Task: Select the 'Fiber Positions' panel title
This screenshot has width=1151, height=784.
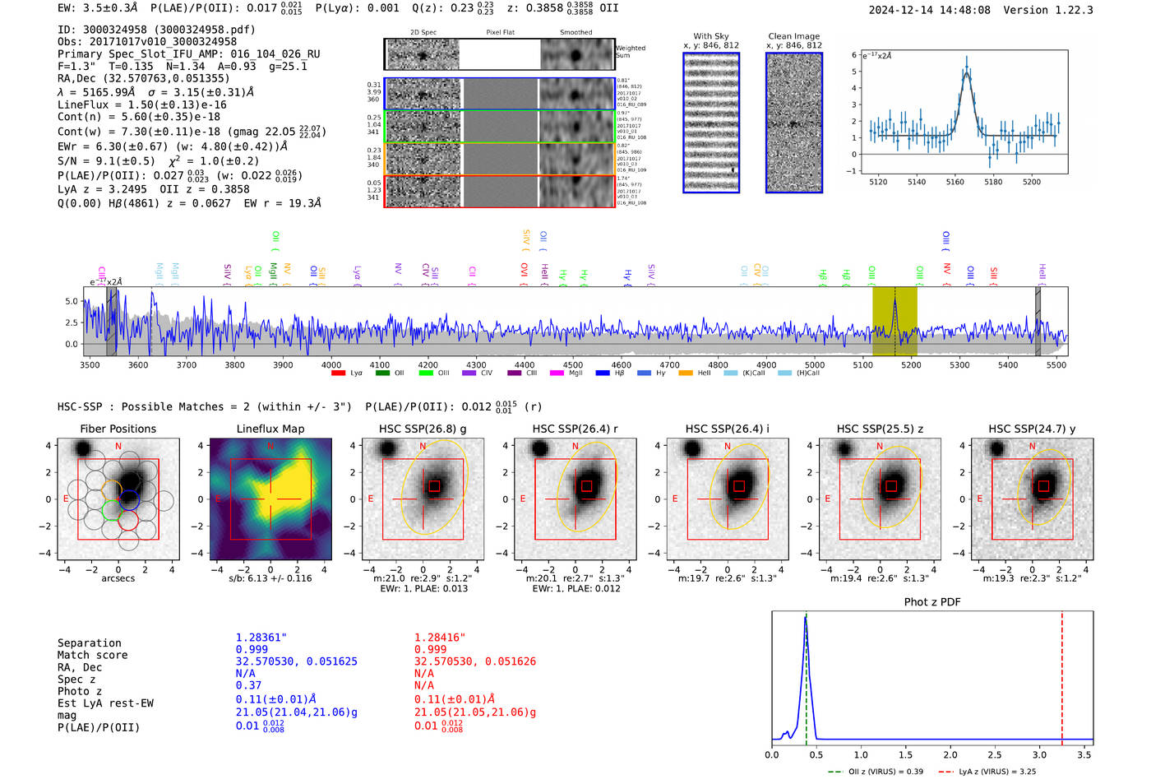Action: tap(118, 429)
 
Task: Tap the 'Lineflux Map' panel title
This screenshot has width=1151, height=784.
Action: tap(270, 429)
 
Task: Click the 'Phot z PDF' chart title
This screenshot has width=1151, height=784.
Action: tap(932, 602)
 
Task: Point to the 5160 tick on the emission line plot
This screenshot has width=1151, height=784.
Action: tap(955, 182)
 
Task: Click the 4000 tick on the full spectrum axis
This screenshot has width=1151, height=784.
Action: tap(331, 365)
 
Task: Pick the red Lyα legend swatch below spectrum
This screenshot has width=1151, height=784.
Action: tap(338, 373)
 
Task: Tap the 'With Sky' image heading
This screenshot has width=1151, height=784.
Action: tap(711, 36)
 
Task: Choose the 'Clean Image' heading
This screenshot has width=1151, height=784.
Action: tap(793, 36)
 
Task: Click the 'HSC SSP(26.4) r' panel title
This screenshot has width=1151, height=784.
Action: tap(575, 429)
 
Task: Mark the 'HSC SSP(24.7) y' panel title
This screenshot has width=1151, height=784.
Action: tap(1032, 429)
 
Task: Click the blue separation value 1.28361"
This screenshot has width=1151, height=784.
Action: tap(261, 638)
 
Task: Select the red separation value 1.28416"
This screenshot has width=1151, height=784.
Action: tap(440, 638)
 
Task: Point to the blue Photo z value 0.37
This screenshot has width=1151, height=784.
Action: tap(248, 685)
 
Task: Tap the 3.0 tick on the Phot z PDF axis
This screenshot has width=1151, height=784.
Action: tap(1039, 754)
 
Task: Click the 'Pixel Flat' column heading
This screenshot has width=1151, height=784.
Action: tap(500, 32)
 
